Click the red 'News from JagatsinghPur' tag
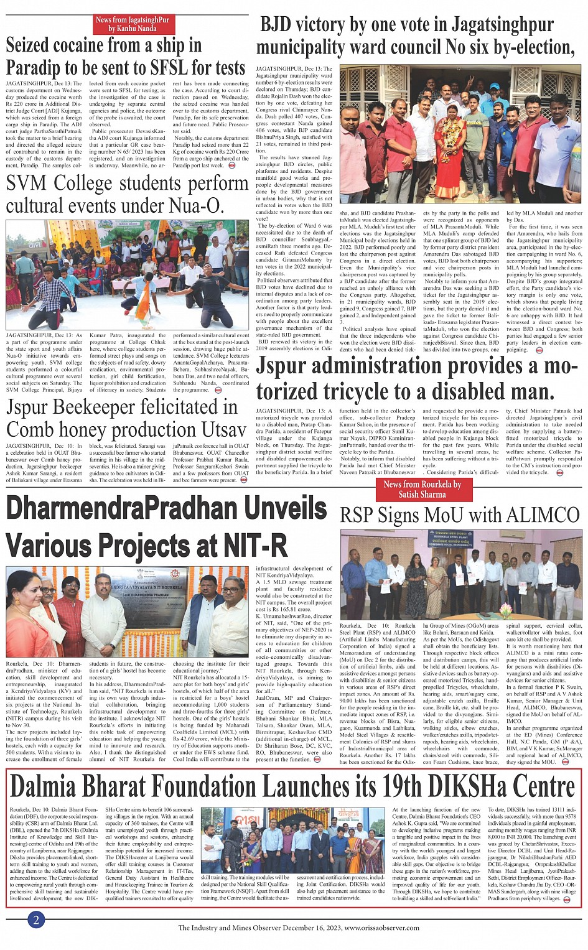click(x=132, y=24)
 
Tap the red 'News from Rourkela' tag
click(x=422, y=489)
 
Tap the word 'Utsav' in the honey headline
click(x=212, y=430)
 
